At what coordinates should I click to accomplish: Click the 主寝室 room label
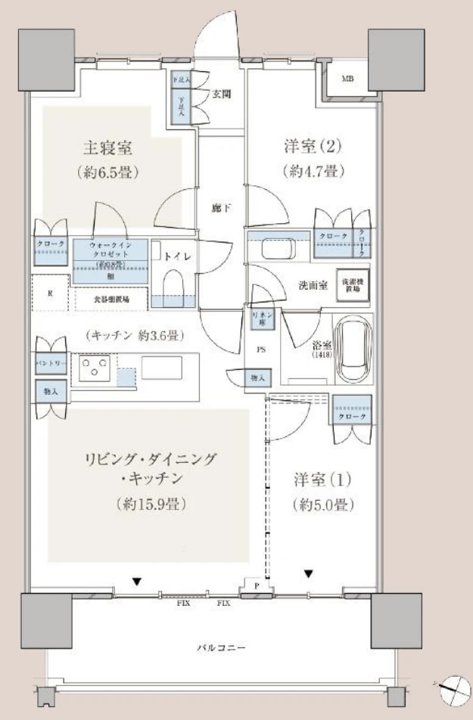point(110,147)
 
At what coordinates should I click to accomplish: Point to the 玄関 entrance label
point(220,94)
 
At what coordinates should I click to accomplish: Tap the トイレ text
point(179,256)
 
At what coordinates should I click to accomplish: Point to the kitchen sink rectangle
point(161,367)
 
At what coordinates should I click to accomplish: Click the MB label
point(347,79)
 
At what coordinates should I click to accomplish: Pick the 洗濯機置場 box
point(353,281)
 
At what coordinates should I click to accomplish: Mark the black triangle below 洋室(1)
point(308,573)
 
